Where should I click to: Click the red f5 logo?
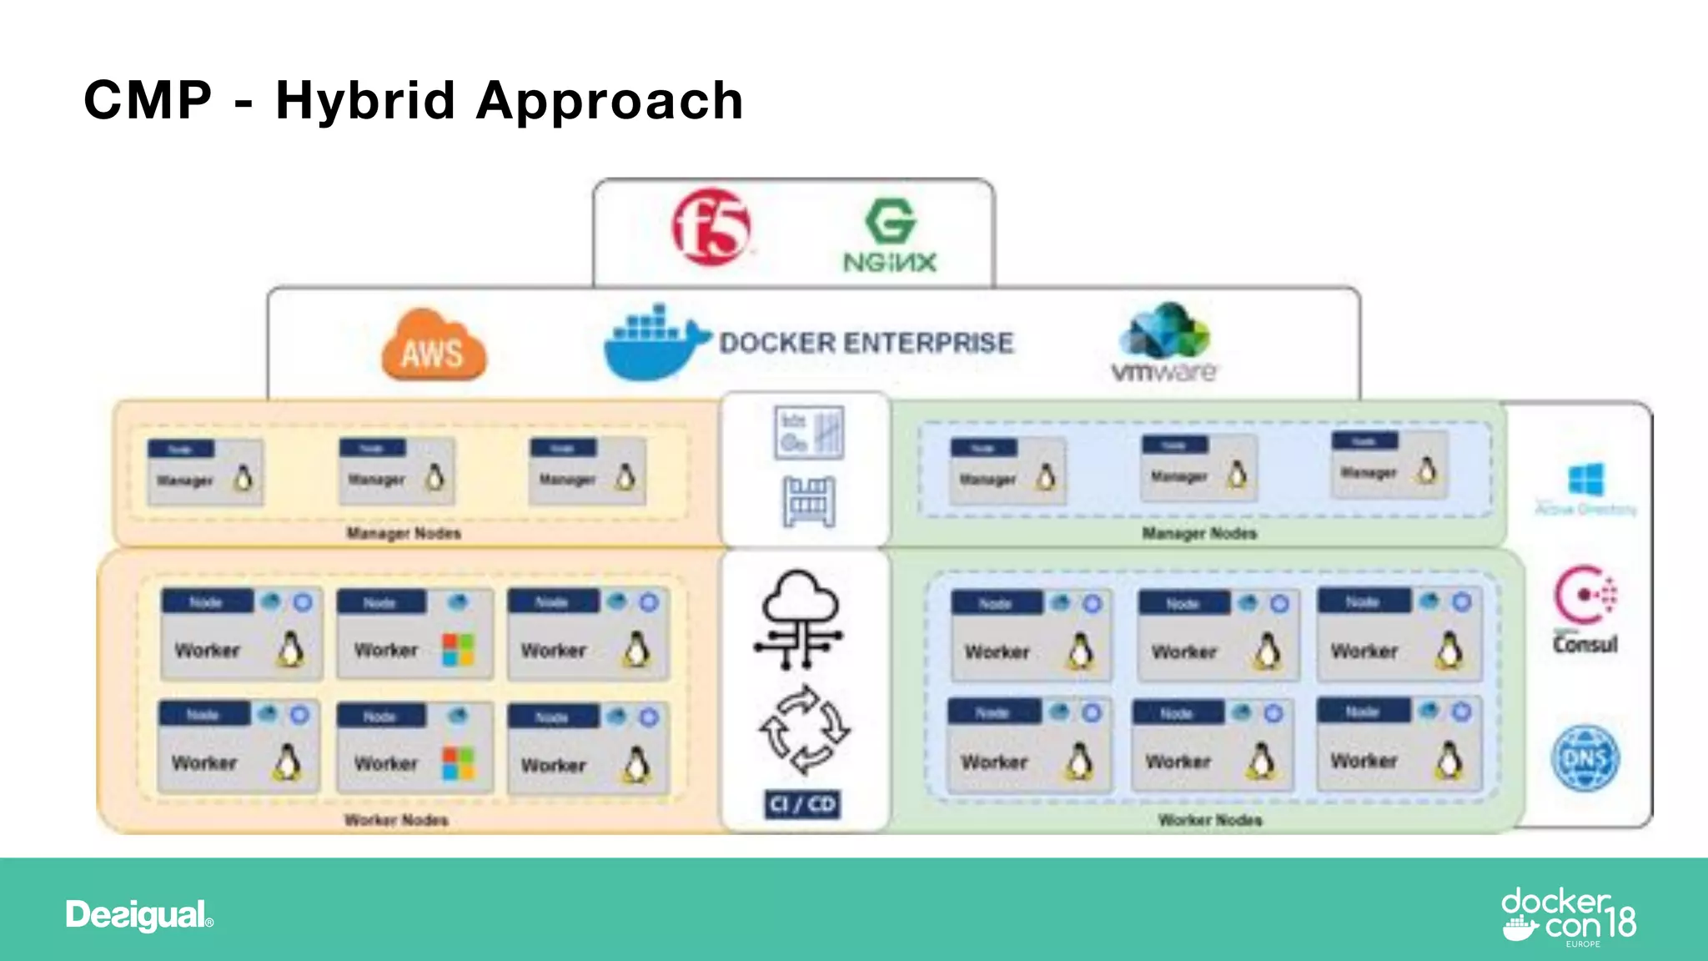click(711, 227)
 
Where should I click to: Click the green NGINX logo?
click(890, 236)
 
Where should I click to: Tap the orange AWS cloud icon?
click(434, 346)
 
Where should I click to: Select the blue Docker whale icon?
click(655, 343)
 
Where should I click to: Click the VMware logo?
click(1164, 344)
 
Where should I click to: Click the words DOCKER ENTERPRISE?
click(867, 343)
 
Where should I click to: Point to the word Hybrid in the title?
click(365, 101)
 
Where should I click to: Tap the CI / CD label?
click(802, 804)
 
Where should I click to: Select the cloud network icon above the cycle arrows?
click(799, 619)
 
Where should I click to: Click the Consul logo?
click(1585, 610)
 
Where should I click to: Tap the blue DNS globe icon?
click(1585, 757)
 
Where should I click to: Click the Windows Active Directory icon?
click(1585, 489)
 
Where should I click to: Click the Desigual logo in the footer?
click(139, 915)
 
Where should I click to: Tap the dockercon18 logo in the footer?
click(1568, 916)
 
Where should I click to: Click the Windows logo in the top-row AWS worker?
click(458, 650)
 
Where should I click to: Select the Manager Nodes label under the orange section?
click(404, 533)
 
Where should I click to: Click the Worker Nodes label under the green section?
click(1209, 820)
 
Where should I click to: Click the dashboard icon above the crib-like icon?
click(808, 433)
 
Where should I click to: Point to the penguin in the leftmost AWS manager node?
click(243, 478)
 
